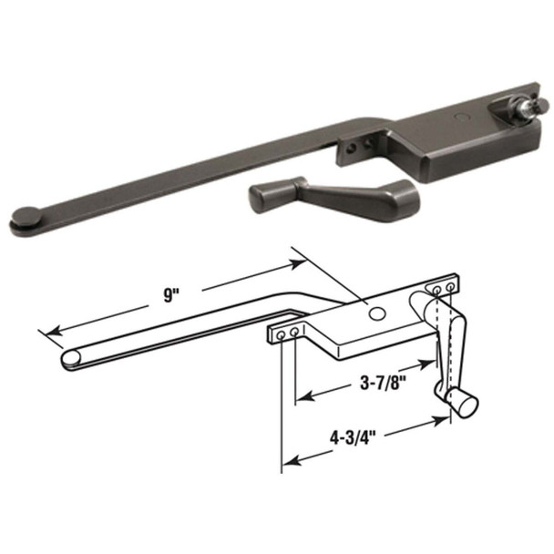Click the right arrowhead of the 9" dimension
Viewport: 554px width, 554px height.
tap(301, 262)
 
